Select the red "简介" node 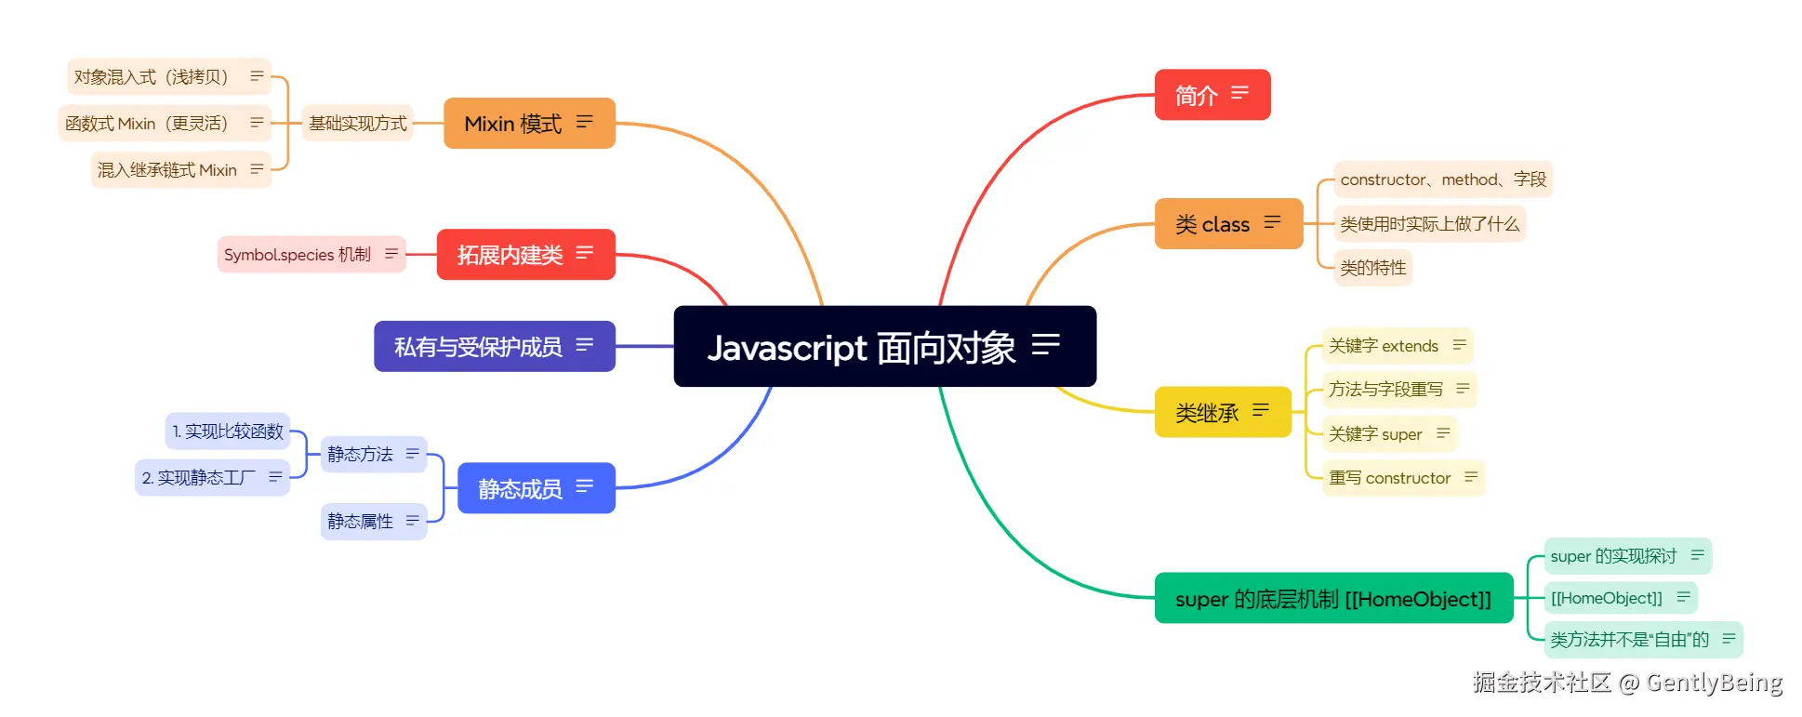(1198, 95)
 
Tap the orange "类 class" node (1213, 224)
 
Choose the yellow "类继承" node (1208, 412)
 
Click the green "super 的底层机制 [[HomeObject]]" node (1332, 599)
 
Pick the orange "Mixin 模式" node (513, 124)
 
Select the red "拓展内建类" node (510, 255)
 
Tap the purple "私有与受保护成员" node (479, 347)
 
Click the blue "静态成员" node (521, 488)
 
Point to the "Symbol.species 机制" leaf (298, 255)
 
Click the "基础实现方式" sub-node (358, 124)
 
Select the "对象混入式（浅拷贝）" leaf (152, 77)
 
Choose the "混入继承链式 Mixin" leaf (168, 170)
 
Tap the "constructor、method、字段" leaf (1443, 179)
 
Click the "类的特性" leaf (1373, 268)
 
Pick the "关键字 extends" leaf (1384, 346)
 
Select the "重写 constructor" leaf (1390, 478)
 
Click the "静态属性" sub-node (361, 522)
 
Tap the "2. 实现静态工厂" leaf (199, 478)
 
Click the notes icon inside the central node (1046, 345)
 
